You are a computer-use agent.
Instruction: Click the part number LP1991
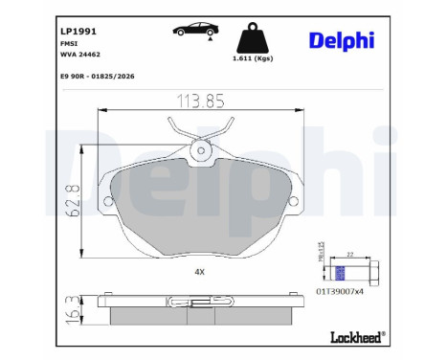pyautogui.click(x=47, y=30)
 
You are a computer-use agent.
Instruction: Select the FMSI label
pyautogui.click(x=41, y=44)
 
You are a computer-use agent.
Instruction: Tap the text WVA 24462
pyautogui.click(x=53, y=56)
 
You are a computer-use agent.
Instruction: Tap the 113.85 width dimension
pyautogui.click(x=200, y=100)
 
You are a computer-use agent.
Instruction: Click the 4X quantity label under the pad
pyautogui.click(x=200, y=272)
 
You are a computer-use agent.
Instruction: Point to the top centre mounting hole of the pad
pyautogui.click(x=200, y=148)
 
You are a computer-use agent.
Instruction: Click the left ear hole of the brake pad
pyautogui.click(x=105, y=201)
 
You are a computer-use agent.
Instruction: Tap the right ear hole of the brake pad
pyautogui.click(x=295, y=201)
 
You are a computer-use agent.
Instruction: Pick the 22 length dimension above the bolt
pyautogui.click(x=350, y=254)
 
